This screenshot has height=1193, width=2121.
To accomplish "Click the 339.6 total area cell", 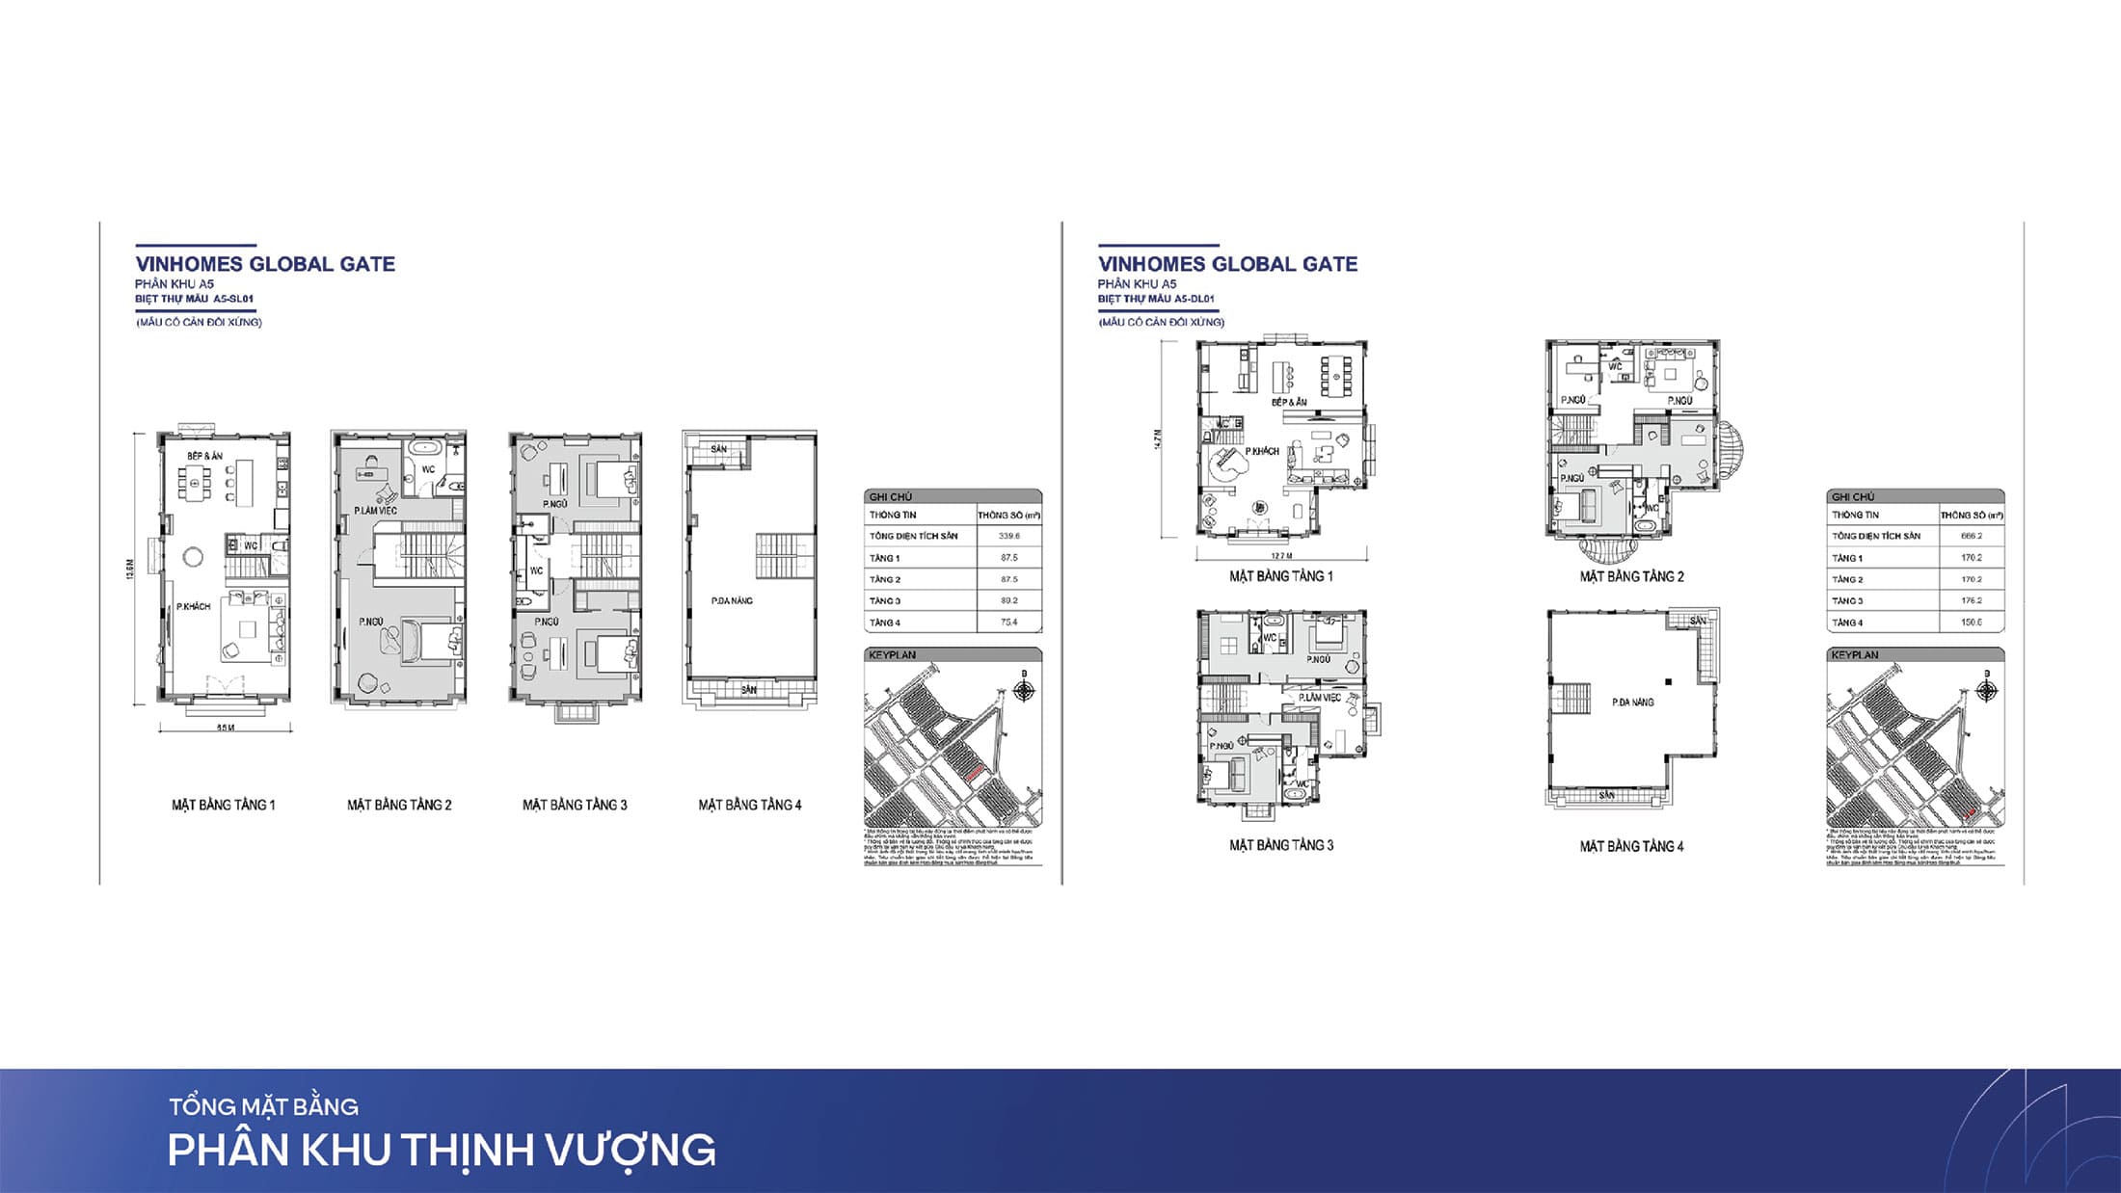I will pyautogui.click(x=1008, y=536).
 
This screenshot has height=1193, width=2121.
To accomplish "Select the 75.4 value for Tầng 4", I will pyautogui.click(x=1008, y=623).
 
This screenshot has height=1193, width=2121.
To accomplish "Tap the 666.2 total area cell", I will pyautogui.click(x=1971, y=536).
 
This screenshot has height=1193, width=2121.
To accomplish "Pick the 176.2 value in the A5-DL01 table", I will pyautogui.click(x=1971, y=600).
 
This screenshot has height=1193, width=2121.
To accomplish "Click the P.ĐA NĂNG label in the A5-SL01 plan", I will pyautogui.click(x=732, y=600).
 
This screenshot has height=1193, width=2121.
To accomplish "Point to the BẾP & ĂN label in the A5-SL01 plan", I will pyautogui.click(x=205, y=456).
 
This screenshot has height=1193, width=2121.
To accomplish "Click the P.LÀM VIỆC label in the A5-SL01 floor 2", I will pyautogui.click(x=375, y=511).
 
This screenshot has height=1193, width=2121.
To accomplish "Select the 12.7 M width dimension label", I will pyautogui.click(x=1280, y=556).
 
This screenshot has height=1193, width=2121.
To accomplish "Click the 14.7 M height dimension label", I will pyautogui.click(x=1158, y=438).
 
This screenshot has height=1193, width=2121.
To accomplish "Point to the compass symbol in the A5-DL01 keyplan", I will pyautogui.click(x=1986, y=690).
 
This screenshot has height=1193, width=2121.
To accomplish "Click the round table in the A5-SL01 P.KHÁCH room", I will pyautogui.click(x=193, y=556).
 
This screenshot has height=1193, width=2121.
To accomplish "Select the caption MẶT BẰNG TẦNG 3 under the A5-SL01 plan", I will pyautogui.click(x=575, y=805).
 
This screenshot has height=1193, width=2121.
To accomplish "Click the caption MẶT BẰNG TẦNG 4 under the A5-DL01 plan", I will pyautogui.click(x=1631, y=846).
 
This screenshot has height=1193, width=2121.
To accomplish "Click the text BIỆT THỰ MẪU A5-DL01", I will pyautogui.click(x=1156, y=299).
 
